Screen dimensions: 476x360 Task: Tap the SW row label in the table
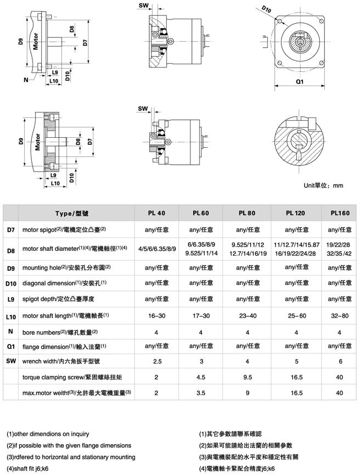(x=11, y=361)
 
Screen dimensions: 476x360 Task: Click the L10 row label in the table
(x=11, y=317)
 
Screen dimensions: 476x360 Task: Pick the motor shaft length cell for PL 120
(x=296, y=316)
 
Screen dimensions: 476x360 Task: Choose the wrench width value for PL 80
(x=249, y=361)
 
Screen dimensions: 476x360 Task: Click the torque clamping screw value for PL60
(x=201, y=377)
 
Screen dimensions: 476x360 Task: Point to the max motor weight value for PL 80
(x=249, y=393)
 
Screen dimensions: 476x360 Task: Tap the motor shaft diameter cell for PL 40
(x=157, y=249)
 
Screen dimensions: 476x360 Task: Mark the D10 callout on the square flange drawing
(x=267, y=9)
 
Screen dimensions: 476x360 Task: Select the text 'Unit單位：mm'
(x=323, y=185)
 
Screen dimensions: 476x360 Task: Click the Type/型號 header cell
(x=76, y=212)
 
